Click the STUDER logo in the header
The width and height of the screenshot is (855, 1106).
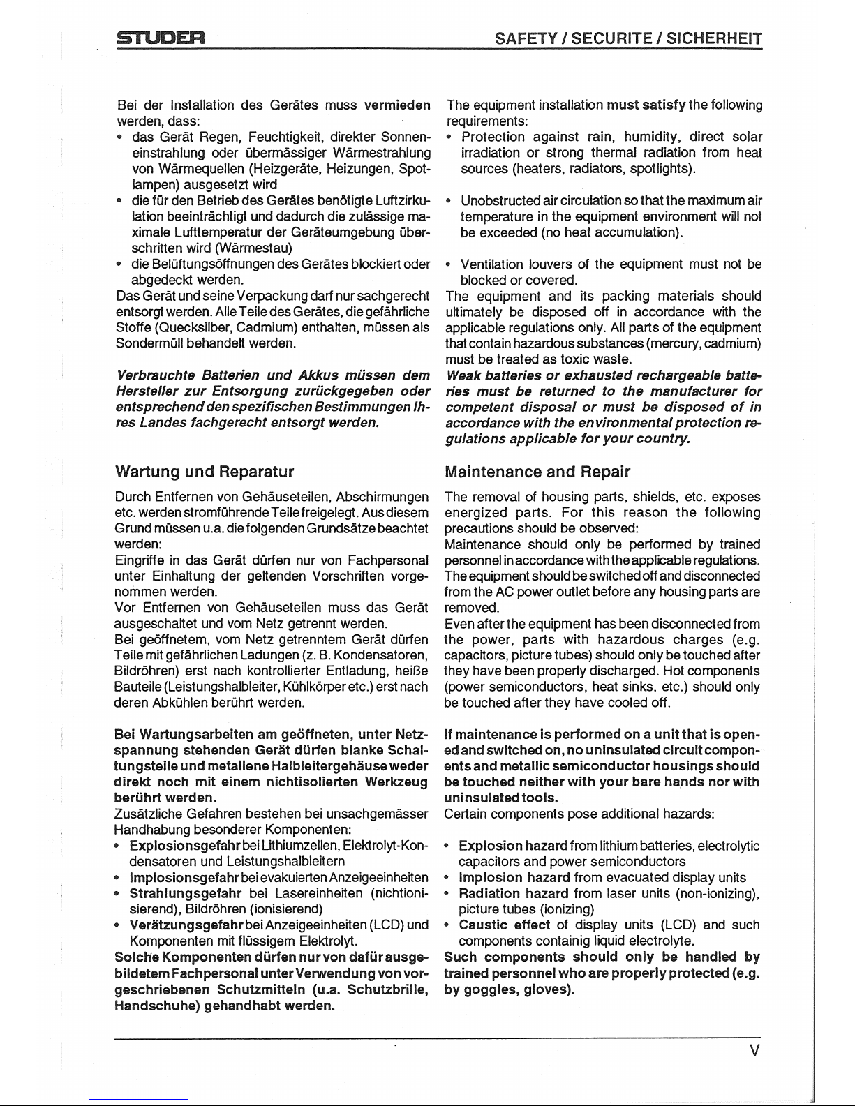160,38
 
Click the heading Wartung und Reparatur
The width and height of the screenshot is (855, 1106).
205,472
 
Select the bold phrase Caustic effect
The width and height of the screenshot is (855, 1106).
505,925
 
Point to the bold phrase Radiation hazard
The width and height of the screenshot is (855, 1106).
514,894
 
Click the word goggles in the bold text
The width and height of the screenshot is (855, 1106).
491,989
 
